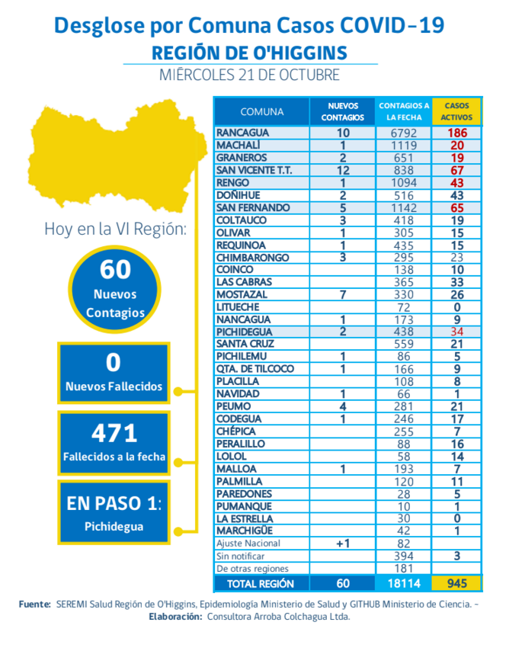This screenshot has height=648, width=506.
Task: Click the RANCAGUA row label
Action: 238,133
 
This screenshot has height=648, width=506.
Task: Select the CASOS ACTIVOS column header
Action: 456,111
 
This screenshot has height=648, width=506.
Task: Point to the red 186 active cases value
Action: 456,133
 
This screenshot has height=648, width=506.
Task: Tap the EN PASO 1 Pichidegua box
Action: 114,512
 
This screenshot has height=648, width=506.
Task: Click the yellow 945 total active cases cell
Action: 456,583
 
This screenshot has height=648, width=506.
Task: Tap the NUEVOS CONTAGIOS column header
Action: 342,111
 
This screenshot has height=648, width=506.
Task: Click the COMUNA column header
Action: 262,111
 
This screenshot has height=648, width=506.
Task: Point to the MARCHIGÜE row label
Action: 245,531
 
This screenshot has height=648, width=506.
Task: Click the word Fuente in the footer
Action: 35,604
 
